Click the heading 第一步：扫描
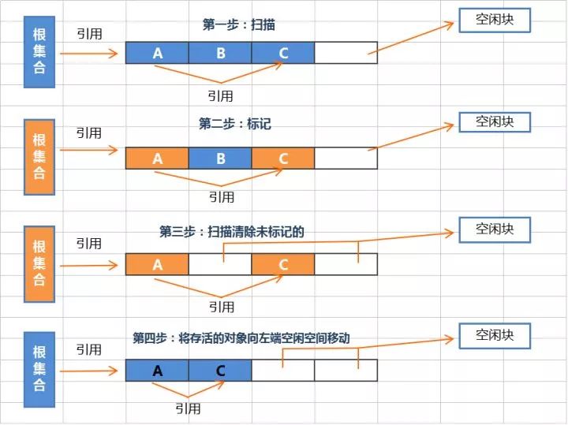pyautogui.click(x=238, y=25)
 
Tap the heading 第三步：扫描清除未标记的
pyautogui.click(x=231, y=232)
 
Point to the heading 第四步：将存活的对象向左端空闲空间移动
pyautogui.click(x=241, y=337)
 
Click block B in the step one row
pyautogui.click(x=220, y=53)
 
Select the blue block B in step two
pyautogui.click(x=220, y=158)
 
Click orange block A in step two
pyautogui.click(x=157, y=158)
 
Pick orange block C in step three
pyautogui.click(x=283, y=264)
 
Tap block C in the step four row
pyautogui.click(x=220, y=370)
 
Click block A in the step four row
pyautogui.click(x=157, y=370)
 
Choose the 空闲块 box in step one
pyautogui.click(x=495, y=20)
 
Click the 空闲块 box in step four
pyautogui.click(x=495, y=335)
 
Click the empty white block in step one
pyautogui.click(x=346, y=53)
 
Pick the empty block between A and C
pyautogui.click(x=220, y=264)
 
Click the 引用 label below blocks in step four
pyautogui.click(x=188, y=408)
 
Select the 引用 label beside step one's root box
pyautogui.click(x=89, y=35)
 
